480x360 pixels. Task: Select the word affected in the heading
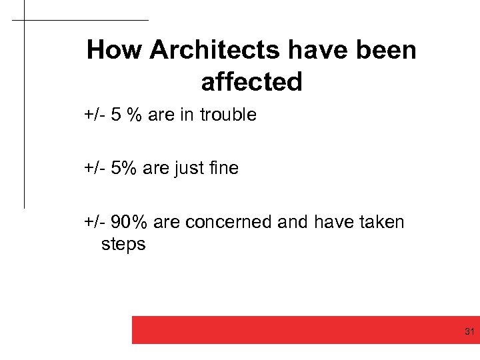(251, 82)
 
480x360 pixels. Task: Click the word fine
(223, 168)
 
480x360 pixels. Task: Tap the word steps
(123, 244)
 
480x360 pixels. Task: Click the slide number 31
(469, 331)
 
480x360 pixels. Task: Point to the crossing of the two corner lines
(24, 20)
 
